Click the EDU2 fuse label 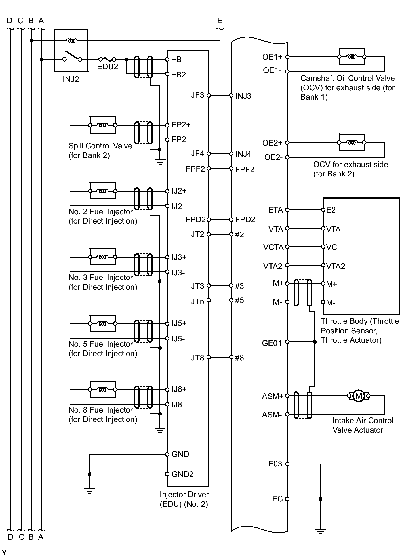click(108, 67)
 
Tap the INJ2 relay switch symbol click(72, 56)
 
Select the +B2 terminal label click(179, 75)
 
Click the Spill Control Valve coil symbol click(102, 125)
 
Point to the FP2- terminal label click(180, 140)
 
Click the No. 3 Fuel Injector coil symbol click(102, 257)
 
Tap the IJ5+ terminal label click(179, 323)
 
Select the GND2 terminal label click(182, 474)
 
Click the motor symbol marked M click(359, 396)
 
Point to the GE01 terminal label click(272, 343)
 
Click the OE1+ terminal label click(272, 57)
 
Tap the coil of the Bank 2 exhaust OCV click(352, 142)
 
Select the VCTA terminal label click(273, 247)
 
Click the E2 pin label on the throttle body click(331, 210)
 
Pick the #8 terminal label click(239, 358)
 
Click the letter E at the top click(220, 21)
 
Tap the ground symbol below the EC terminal click(321, 531)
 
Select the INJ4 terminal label click(243, 154)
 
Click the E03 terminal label click(275, 464)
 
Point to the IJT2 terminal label click(197, 234)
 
